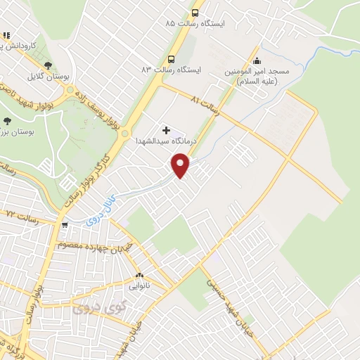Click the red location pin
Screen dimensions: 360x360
[181, 165]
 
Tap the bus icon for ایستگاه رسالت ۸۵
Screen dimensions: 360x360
[195, 13]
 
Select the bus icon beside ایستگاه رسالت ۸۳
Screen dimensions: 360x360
[170, 60]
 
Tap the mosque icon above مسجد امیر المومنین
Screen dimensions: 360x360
[257, 61]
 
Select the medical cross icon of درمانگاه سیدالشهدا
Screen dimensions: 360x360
[166, 130]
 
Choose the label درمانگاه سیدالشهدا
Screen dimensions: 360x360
[167, 141]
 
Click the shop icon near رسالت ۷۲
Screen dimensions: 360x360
[65, 226]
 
